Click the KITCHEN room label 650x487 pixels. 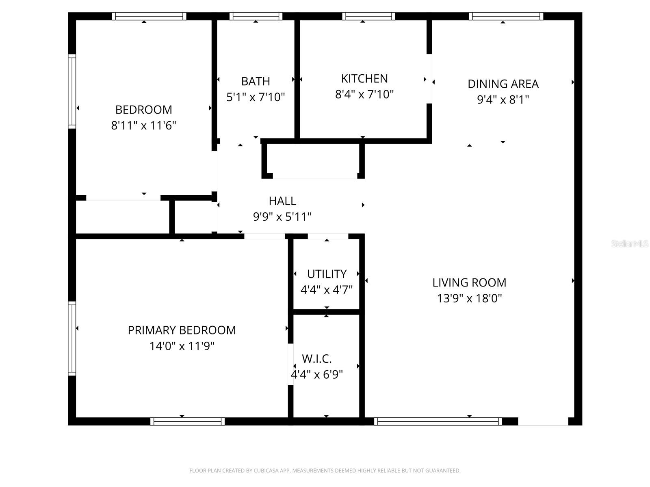coord(364,78)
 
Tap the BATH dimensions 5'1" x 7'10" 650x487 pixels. coord(256,97)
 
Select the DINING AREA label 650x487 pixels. coord(503,84)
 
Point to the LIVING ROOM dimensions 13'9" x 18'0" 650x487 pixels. coord(469,299)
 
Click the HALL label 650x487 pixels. coord(282,201)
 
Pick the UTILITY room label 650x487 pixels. coord(327,274)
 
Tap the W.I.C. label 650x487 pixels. coord(317,359)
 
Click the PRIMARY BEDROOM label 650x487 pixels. coord(182,330)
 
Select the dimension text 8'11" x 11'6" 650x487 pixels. coord(143,125)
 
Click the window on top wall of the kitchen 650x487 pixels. coord(368,16)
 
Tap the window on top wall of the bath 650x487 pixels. coord(256,16)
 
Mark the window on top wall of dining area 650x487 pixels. coord(506,16)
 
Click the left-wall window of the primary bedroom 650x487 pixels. coord(72,338)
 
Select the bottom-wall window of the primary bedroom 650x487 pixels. coord(187,421)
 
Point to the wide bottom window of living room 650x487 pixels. coord(438,421)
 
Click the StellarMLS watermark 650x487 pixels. coord(630,243)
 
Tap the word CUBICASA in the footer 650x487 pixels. coord(266,471)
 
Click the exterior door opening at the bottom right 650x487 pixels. coord(543,421)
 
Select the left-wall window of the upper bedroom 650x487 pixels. coord(72,91)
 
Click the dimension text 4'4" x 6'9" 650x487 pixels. coord(317,374)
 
